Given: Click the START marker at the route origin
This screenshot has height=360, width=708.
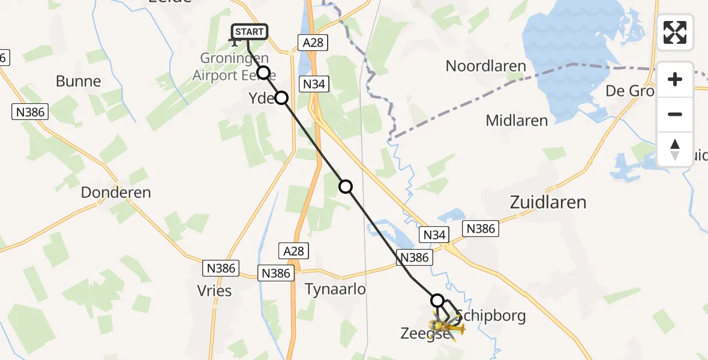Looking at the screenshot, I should click(248, 32).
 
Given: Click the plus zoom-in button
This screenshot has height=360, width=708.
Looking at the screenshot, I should click(675, 79).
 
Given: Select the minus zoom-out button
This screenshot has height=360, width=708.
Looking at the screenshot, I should click(675, 114).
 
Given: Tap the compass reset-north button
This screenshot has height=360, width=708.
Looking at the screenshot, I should click(675, 149).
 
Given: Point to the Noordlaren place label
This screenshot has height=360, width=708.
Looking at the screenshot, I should click(485, 66).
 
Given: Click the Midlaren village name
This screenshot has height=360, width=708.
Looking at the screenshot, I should click(517, 121).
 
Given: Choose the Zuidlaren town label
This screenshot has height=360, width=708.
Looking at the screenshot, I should click(547, 202).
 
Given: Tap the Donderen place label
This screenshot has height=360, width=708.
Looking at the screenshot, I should click(116, 193).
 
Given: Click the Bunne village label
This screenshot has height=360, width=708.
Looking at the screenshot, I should click(78, 82).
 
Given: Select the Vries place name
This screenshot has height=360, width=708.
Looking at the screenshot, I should click(214, 291).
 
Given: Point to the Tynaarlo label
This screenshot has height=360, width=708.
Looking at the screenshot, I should click(335, 289).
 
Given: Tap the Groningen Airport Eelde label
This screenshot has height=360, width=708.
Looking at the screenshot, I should click(234, 67).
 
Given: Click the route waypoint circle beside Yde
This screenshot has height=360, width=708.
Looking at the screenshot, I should click(281, 98).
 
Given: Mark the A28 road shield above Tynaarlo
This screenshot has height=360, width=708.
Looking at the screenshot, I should click(294, 250).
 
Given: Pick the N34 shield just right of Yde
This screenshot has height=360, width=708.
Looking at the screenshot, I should click(314, 85).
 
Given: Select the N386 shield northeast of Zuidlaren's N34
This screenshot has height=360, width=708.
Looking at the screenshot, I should click(481, 228).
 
